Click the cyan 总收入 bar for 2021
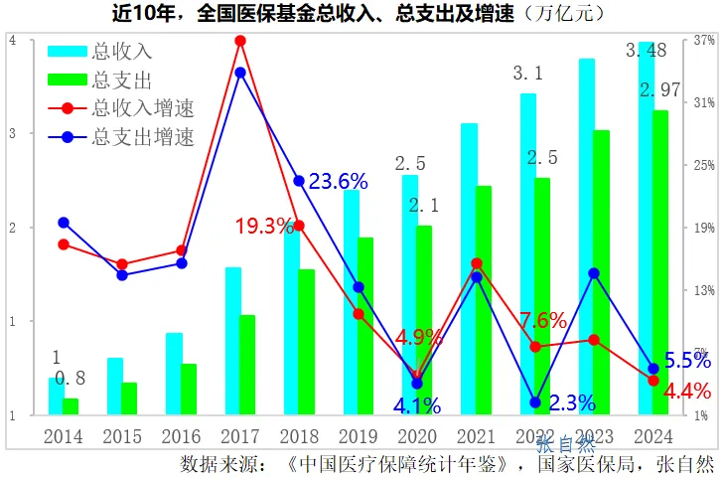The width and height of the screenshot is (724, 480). pos(469,268)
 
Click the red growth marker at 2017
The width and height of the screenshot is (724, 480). pos(240,41)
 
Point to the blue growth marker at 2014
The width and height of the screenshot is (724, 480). pos(64,223)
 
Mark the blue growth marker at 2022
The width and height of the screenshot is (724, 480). pos(535,402)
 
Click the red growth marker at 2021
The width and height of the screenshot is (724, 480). pos(477,263)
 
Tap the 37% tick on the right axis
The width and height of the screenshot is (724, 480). pos(704,41)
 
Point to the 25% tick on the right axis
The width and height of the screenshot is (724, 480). pos(704,166)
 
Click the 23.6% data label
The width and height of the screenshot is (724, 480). pos(338,181)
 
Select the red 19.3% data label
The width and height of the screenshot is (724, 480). pos(264,226)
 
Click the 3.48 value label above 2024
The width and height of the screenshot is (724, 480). pos(647,51)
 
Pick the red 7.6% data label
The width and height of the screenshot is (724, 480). pos(543,320)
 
